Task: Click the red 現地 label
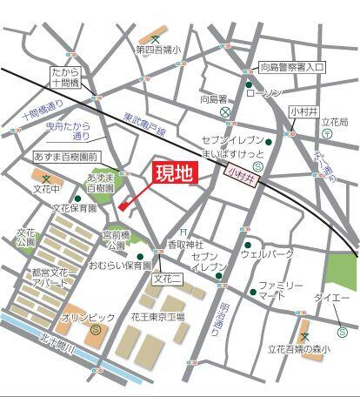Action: point(175,174)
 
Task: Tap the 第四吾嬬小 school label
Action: point(157,50)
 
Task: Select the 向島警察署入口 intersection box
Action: point(292,66)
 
